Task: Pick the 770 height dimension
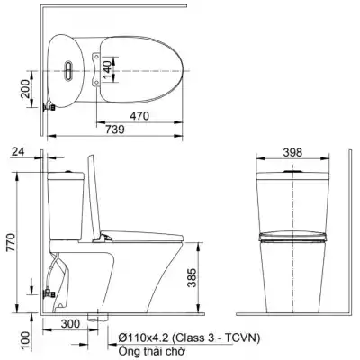point(11,241)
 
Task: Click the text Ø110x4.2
point(143,337)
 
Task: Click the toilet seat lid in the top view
point(144,67)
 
